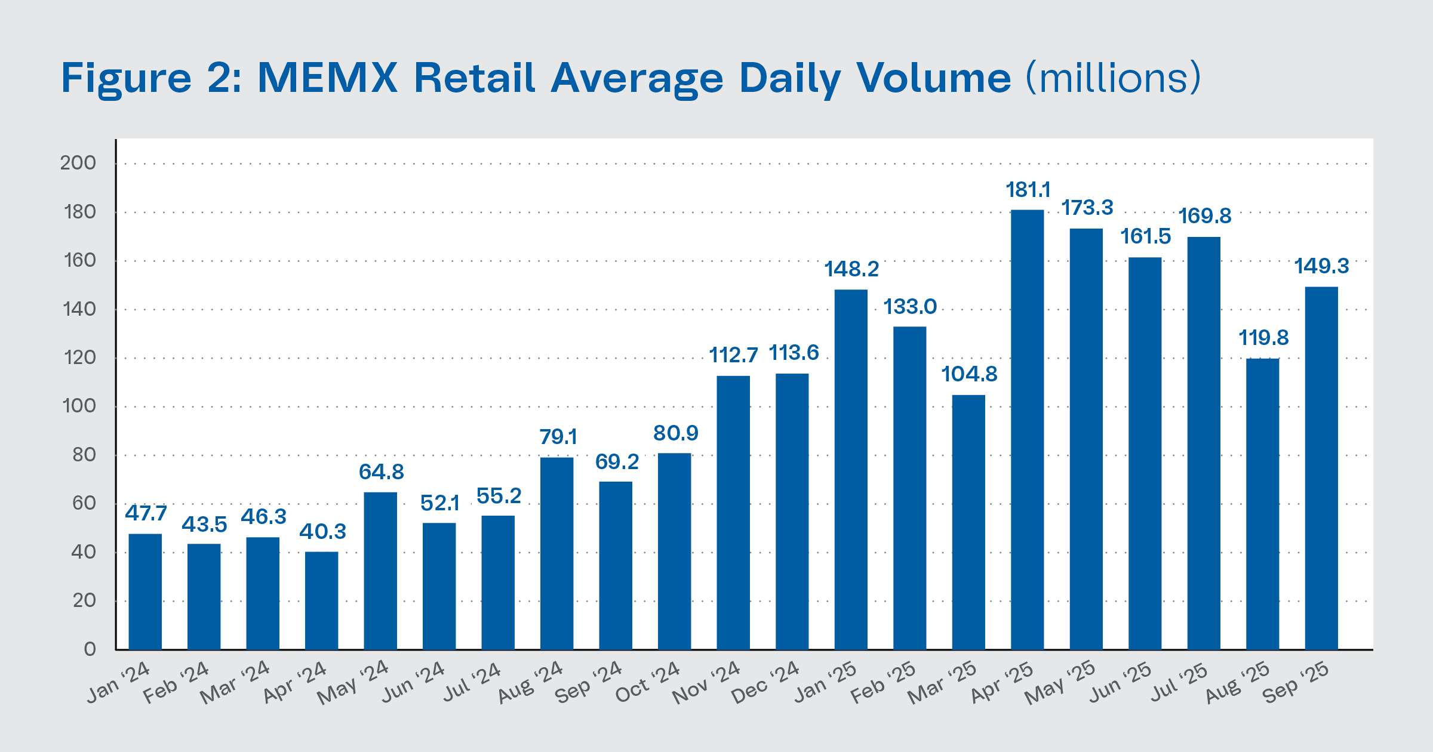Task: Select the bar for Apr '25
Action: click(x=1027, y=430)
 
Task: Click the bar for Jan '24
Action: click(x=145, y=591)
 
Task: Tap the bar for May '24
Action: click(x=380, y=571)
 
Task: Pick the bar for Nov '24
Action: click(x=733, y=513)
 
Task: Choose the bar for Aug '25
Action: click(x=1263, y=504)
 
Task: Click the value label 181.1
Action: click(x=1028, y=190)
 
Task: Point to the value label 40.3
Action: click(x=322, y=531)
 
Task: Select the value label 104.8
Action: click(x=969, y=374)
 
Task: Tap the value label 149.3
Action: click(x=1321, y=266)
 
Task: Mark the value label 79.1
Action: click(x=558, y=437)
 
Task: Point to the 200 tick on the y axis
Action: click(x=78, y=163)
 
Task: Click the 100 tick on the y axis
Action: click(x=79, y=406)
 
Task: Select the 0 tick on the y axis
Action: click(x=90, y=649)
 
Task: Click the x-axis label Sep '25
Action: click(x=1296, y=682)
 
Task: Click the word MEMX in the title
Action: click(x=327, y=78)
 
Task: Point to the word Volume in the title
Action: click(x=934, y=78)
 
